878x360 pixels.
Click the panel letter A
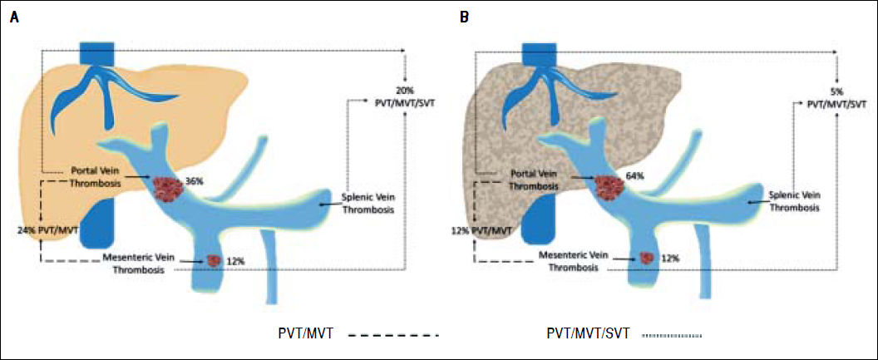[14, 17]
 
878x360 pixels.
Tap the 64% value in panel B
[636, 176]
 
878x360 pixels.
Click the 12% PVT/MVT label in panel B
[486, 229]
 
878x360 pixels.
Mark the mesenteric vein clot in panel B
[644, 259]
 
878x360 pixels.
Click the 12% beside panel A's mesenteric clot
[235, 261]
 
